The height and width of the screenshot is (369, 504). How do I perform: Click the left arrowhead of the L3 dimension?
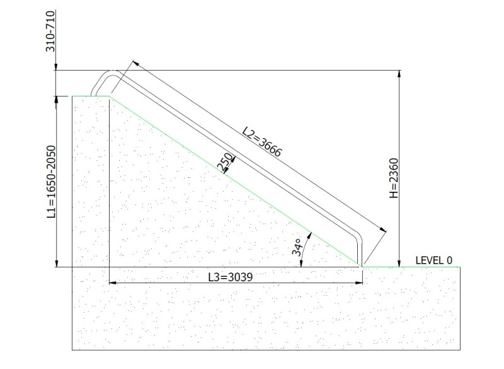113,283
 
